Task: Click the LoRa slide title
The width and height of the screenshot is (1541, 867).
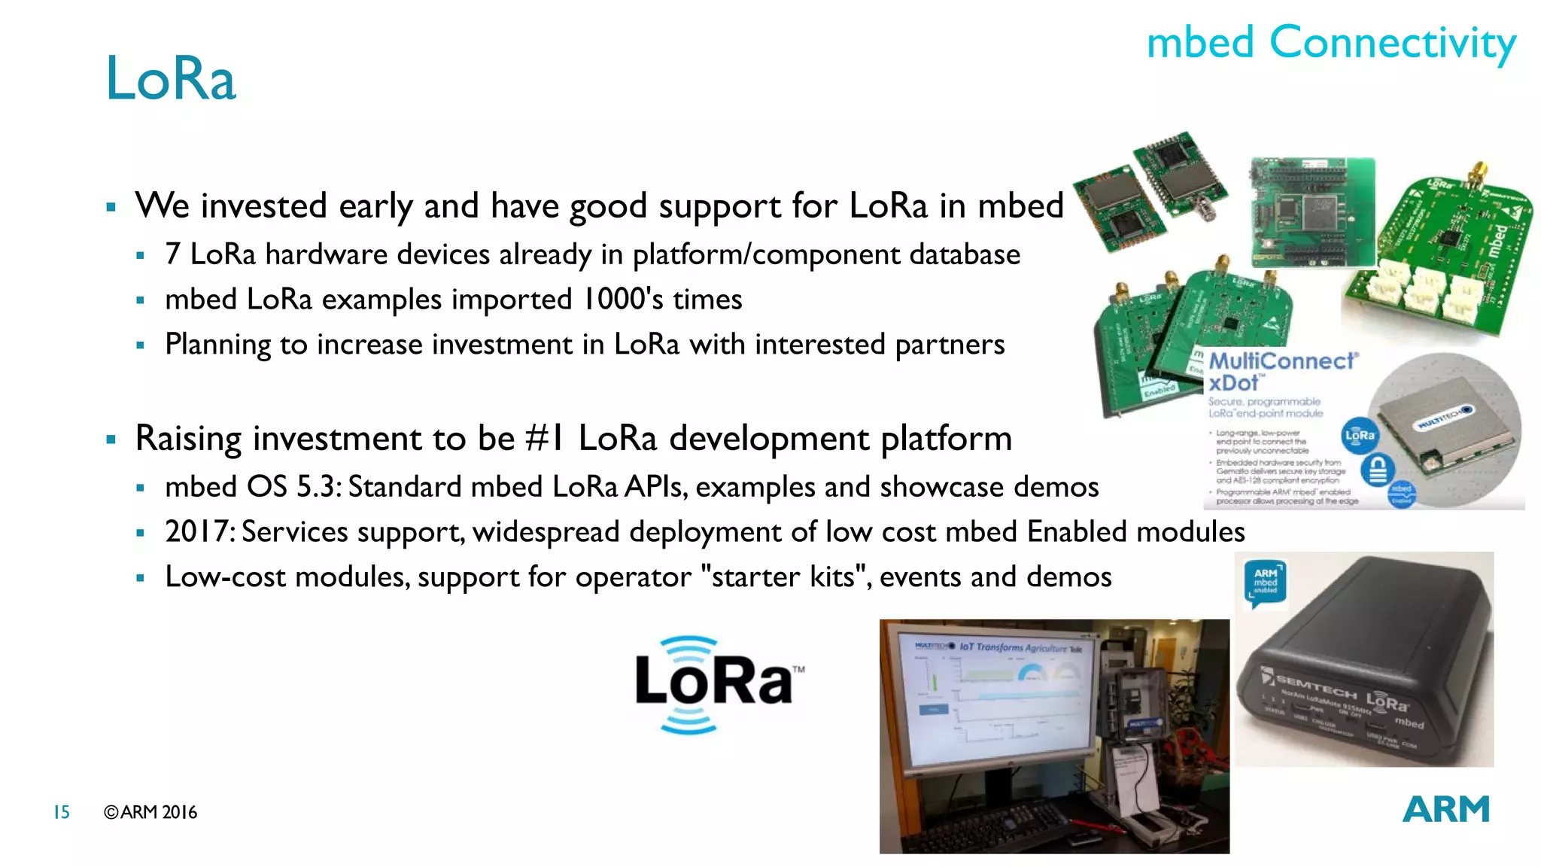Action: tap(171, 78)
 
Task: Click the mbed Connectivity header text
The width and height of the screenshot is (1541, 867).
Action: tap(1330, 42)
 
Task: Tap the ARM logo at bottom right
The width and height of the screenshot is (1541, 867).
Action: tap(1445, 810)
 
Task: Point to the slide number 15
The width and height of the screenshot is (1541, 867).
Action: tap(61, 812)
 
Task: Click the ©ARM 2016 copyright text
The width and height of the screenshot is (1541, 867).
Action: tap(150, 812)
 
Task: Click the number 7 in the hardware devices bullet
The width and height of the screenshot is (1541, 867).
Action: tap(173, 254)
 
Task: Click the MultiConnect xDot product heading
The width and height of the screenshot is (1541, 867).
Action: tap(1279, 372)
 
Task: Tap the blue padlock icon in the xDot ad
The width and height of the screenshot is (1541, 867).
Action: tap(1378, 470)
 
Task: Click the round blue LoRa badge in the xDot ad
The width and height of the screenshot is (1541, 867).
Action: tap(1360, 435)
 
